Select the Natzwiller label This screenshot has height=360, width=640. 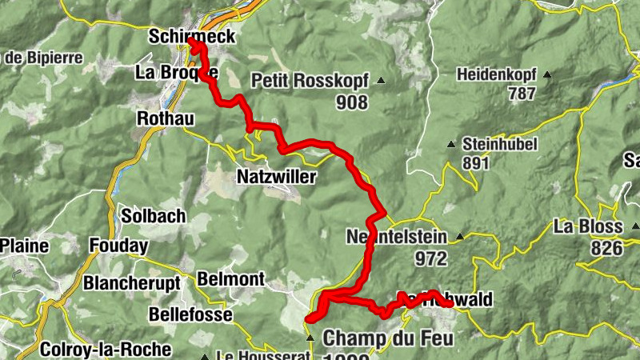[x=277, y=176]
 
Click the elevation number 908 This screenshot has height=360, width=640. [x=352, y=102]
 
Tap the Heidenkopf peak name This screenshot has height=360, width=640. [x=496, y=75]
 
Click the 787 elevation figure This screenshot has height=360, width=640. [x=521, y=94]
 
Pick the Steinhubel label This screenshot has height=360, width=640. [x=500, y=145]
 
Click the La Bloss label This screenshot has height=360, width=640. [x=588, y=227]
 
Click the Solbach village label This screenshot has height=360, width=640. [x=154, y=216]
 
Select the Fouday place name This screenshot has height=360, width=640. [x=119, y=246]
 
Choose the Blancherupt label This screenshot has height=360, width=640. [x=132, y=283]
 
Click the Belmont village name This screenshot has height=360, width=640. [x=230, y=279]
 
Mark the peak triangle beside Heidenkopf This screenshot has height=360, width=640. [x=548, y=76]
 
